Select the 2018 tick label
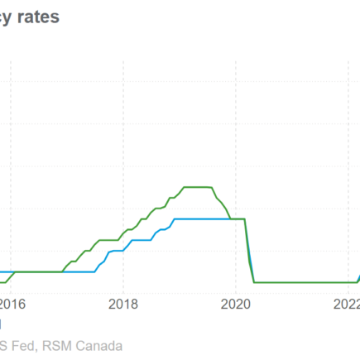tap(122, 303)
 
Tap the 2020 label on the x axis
tap(234, 303)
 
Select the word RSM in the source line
tap(57, 345)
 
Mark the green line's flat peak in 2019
tap(197, 187)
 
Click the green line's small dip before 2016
tap(4, 281)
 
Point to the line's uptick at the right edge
tap(358, 277)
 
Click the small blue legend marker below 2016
tap(1, 324)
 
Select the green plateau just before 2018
tap(110, 240)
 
